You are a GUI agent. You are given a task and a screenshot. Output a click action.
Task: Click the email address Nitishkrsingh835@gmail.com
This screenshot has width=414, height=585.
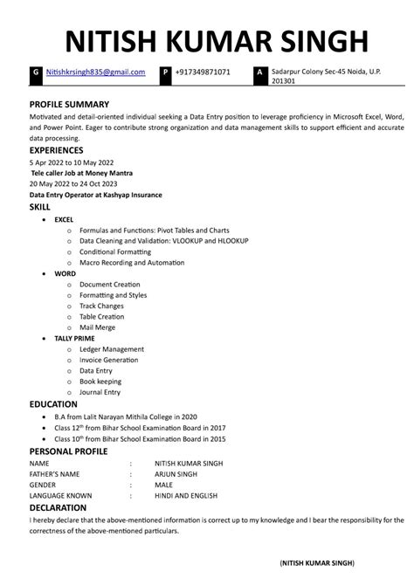[96, 72]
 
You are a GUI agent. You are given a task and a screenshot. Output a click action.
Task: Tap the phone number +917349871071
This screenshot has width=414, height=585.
[203, 72]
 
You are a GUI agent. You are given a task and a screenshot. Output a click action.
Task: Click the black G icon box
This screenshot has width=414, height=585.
[34, 72]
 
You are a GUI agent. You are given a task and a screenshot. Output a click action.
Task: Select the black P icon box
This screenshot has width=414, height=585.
[165, 72]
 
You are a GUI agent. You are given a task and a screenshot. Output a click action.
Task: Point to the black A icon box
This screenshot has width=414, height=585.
[259, 72]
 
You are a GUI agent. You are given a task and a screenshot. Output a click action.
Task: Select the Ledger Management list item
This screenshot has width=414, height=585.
[112, 349]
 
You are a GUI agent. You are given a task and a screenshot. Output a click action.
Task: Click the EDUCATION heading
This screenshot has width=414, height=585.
[55, 404]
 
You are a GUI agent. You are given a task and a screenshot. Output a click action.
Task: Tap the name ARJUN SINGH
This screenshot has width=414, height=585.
[177, 473]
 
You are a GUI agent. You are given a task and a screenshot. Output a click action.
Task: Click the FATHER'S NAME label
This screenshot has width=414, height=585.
[54, 473]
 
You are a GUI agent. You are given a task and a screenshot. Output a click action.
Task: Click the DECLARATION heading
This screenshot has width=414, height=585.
[58, 507]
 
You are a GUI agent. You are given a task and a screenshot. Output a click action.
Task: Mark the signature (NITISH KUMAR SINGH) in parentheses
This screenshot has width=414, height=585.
[325, 562]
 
